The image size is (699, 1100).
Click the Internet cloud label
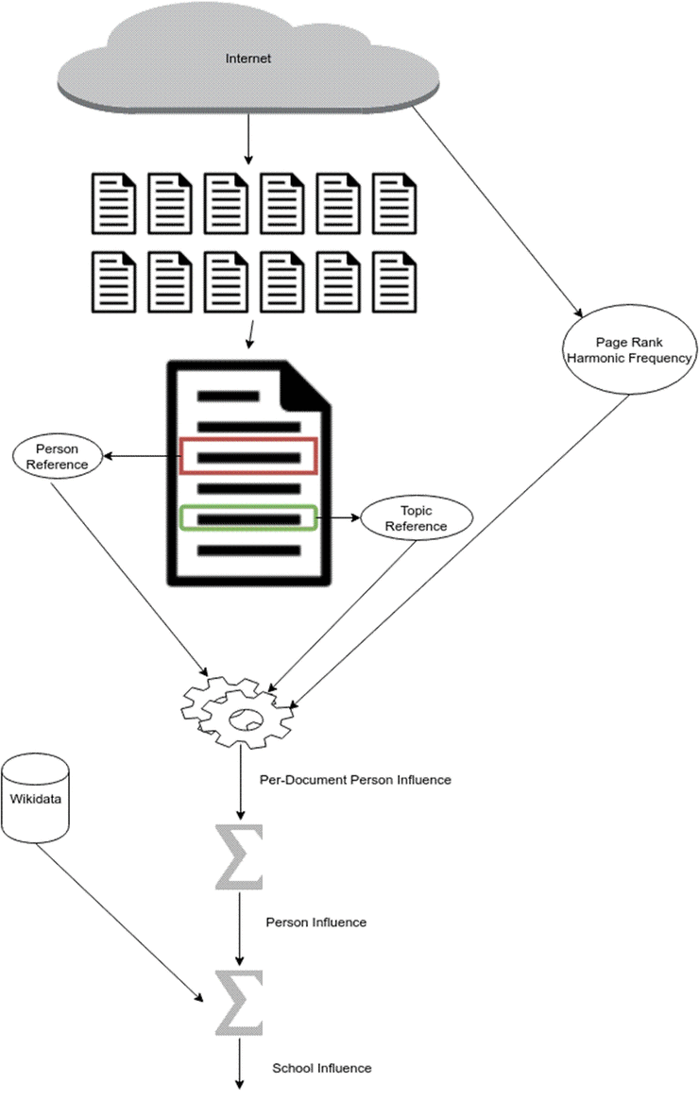tap(247, 59)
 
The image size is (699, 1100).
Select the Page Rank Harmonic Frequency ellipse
tap(629, 349)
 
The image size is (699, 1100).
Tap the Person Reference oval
tap(58, 457)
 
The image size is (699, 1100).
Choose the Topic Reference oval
tap(417, 518)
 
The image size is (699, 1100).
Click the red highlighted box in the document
tap(249, 438)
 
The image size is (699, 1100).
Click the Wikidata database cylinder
tap(35, 798)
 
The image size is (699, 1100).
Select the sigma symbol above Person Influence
tap(239, 856)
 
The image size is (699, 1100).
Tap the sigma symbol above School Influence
tap(239, 1003)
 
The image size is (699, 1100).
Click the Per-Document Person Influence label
tap(355, 779)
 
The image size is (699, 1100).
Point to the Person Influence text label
tap(315, 922)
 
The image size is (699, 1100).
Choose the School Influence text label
tap(321, 1068)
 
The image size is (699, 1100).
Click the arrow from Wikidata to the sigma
tap(119, 923)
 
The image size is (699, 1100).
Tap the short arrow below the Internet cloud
tap(247, 140)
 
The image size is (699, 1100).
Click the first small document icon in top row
tap(113, 203)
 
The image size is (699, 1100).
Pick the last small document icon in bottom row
tap(395, 282)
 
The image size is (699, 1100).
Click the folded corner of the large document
tap(304, 388)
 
